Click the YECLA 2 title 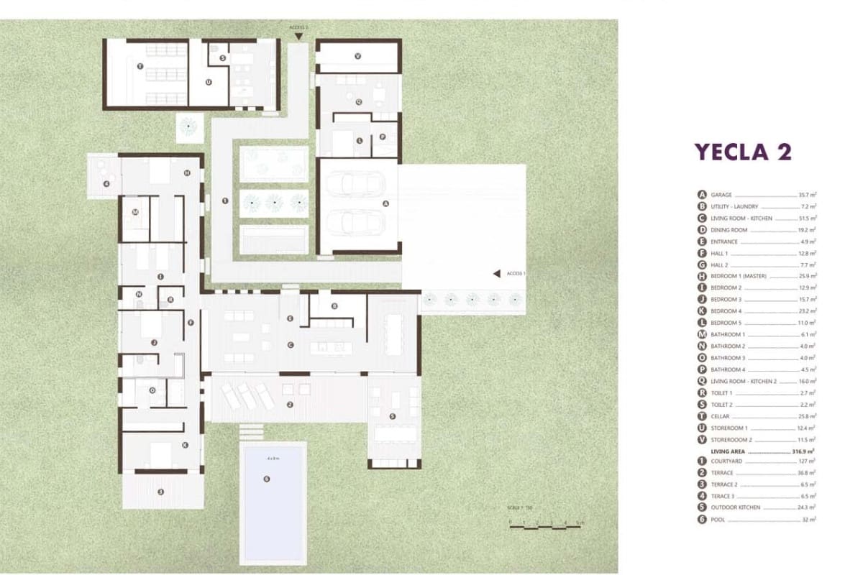(742, 152)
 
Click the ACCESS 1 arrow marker (496, 273)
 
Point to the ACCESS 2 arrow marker (298, 34)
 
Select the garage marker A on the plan (385, 203)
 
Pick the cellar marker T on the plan (140, 66)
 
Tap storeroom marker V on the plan (357, 55)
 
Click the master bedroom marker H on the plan (186, 172)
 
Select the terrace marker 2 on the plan (289, 405)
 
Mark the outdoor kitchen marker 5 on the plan (392, 416)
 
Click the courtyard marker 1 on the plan (225, 201)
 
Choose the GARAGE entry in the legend (721, 195)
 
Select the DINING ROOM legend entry (729, 230)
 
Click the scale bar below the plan (546, 528)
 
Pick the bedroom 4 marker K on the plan (185, 445)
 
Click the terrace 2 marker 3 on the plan (160, 492)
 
